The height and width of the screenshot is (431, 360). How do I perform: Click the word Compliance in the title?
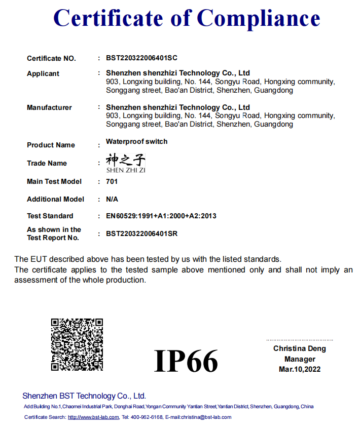click(x=259, y=18)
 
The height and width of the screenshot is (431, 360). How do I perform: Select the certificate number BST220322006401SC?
click(x=141, y=58)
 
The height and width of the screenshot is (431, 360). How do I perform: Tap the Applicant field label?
click(x=43, y=74)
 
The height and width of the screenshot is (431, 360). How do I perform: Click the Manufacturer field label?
click(x=49, y=107)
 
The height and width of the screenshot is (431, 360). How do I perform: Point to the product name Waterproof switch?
click(x=136, y=141)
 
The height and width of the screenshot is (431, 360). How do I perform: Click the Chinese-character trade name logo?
click(x=126, y=163)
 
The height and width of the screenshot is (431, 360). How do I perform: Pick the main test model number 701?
click(x=112, y=181)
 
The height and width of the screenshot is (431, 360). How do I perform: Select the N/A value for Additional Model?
click(x=112, y=199)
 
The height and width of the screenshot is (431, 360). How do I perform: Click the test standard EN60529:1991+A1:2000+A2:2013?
click(x=161, y=216)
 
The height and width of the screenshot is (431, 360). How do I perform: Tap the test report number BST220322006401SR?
click(x=141, y=233)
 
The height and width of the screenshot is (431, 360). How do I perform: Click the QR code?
click(x=77, y=344)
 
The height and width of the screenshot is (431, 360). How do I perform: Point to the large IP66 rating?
click(x=186, y=361)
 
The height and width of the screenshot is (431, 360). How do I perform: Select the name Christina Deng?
click(x=300, y=348)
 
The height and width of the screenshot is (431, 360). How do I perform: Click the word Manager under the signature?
click(x=300, y=359)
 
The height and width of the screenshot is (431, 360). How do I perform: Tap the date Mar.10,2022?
click(x=300, y=369)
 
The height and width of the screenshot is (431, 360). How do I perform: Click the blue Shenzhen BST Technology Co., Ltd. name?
click(x=84, y=396)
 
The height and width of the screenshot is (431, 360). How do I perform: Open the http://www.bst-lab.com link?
click(x=93, y=417)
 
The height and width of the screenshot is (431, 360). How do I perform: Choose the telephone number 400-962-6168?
click(x=147, y=417)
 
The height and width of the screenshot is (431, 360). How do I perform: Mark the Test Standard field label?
click(x=50, y=216)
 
